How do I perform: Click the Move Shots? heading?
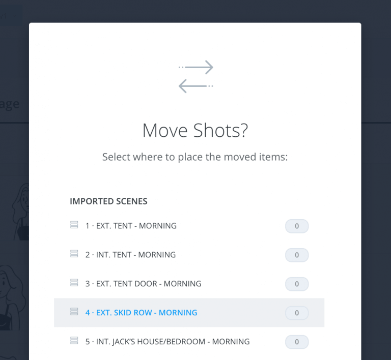(195, 131)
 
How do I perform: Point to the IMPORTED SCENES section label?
(108, 201)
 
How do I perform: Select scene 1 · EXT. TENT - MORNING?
(131, 226)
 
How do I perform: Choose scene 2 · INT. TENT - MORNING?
(130, 255)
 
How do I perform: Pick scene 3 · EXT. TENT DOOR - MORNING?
(143, 284)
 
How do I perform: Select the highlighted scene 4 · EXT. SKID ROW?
(141, 313)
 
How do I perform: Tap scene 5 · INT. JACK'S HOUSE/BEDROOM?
(167, 342)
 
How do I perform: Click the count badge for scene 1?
(297, 226)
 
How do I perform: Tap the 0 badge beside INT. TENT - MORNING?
(297, 255)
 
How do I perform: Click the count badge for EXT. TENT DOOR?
(297, 284)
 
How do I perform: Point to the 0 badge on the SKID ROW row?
(297, 313)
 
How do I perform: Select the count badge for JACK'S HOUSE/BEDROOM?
(297, 342)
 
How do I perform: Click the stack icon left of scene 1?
(74, 225)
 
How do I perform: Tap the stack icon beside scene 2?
(74, 254)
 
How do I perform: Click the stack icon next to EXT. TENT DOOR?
(74, 283)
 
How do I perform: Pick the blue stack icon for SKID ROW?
(74, 312)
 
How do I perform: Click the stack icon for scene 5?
(74, 341)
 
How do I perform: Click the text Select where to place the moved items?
(195, 157)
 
